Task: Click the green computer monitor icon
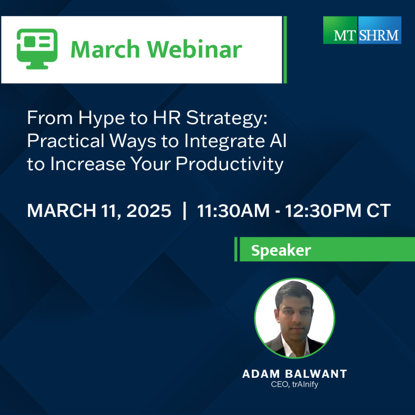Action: click(37, 49)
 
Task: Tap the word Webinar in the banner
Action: click(195, 49)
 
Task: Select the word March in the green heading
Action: click(105, 49)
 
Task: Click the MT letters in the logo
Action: click(344, 35)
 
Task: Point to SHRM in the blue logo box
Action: click(379, 35)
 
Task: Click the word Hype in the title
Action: click(101, 118)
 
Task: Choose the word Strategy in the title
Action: click(227, 118)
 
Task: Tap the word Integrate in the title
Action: click(225, 141)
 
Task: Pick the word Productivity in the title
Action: click(229, 164)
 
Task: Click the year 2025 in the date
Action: click(149, 211)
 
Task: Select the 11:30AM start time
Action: click(233, 211)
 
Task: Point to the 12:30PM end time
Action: click(323, 211)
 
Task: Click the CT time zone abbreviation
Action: click(379, 211)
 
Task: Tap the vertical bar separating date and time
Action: click(184, 211)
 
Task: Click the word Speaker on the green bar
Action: click(281, 250)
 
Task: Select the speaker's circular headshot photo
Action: click(295, 318)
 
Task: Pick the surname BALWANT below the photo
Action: click(316, 374)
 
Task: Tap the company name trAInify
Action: click(305, 384)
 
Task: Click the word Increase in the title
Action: click(88, 164)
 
